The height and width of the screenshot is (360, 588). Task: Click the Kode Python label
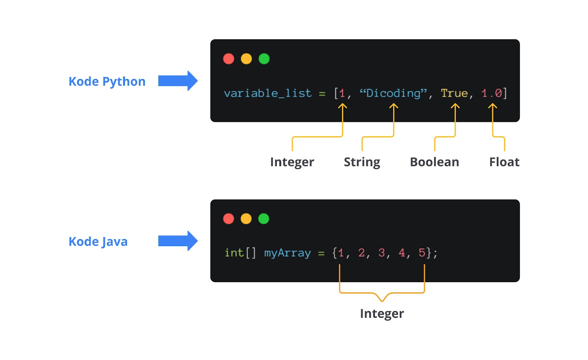107,82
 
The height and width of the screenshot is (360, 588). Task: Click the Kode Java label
98,242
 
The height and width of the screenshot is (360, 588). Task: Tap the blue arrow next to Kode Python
178,81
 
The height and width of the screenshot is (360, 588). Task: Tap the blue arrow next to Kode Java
178,241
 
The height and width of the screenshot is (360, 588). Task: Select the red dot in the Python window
229,59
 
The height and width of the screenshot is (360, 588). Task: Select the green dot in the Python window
264,59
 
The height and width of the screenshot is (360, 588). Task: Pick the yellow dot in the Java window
246,219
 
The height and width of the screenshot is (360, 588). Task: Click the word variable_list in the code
268,93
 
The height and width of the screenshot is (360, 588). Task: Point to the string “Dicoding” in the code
393,93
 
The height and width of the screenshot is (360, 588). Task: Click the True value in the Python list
454,93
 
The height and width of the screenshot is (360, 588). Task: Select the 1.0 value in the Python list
492,93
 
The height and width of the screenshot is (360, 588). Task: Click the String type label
362,162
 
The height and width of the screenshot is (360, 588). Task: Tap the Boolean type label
434,162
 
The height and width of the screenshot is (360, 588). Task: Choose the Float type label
504,162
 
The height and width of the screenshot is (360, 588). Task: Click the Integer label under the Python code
292,162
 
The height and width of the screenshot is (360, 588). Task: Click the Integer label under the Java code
382,313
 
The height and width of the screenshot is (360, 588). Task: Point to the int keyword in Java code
234,253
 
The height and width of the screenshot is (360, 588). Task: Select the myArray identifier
287,253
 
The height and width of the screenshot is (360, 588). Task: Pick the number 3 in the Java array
381,253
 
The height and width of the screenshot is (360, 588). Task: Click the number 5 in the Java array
422,253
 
